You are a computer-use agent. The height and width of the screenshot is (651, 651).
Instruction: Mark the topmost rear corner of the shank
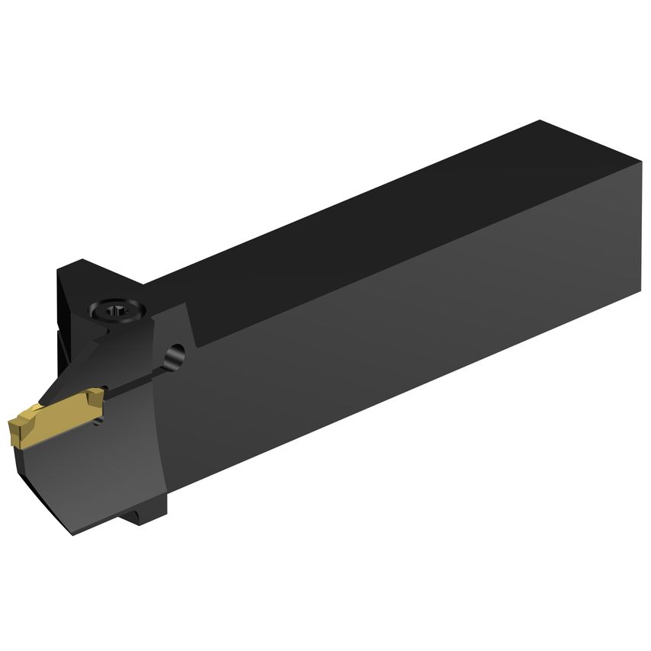coord(540,121)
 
